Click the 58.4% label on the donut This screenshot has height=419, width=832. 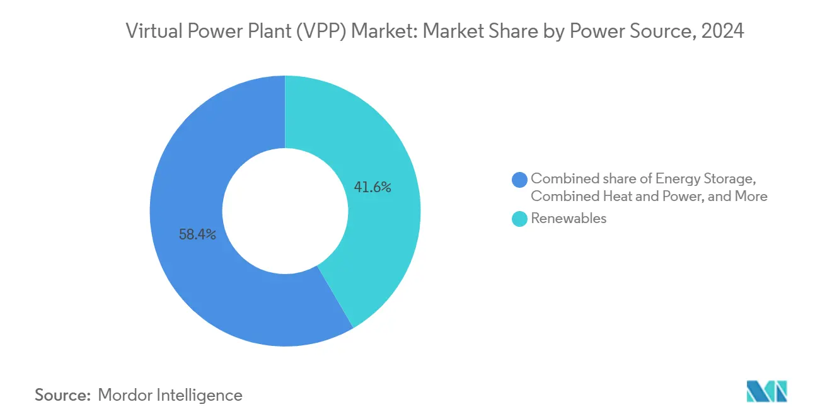click(198, 235)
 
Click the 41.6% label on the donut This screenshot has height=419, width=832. click(373, 187)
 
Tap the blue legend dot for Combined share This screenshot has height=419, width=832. click(520, 180)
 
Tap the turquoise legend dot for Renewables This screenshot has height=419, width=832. click(520, 219)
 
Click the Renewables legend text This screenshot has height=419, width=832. click(569, 219)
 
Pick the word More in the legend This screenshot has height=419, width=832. click(751, 196)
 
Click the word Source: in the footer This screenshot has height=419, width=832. click(63, 395)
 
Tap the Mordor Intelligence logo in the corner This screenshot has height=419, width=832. click(766, 391)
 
